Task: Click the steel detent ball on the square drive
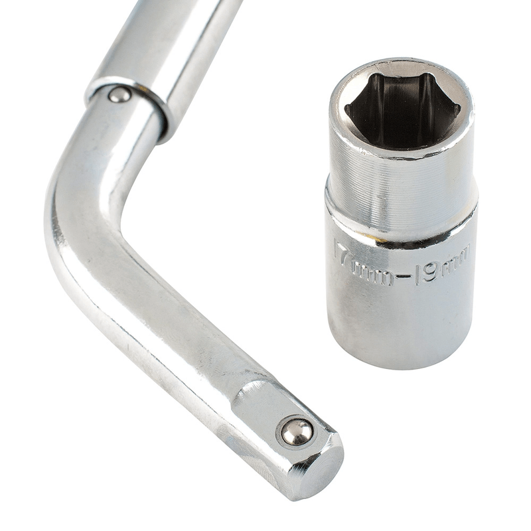click(297, 432)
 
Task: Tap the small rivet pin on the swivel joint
click(119, 95)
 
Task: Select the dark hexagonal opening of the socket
click(402, 110)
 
